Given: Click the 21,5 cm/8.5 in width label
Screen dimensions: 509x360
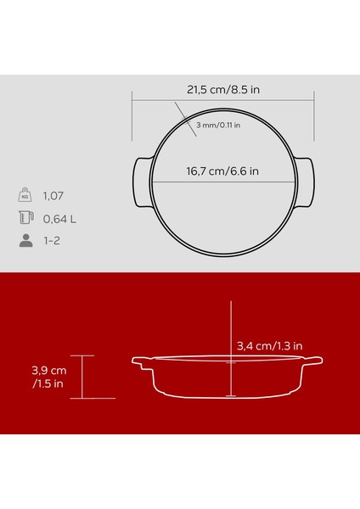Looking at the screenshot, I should [224, 87].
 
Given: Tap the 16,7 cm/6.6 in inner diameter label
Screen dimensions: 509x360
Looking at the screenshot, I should [223, 171].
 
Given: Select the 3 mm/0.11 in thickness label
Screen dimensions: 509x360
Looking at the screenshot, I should [217, 126].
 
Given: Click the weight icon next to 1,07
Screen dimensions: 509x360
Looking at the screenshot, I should [25, 194].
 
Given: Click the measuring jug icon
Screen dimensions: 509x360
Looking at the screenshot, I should [25, 218].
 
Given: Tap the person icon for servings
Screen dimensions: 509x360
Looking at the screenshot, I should [25, 241].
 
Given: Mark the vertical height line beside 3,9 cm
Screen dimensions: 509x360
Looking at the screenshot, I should [82, 377].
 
